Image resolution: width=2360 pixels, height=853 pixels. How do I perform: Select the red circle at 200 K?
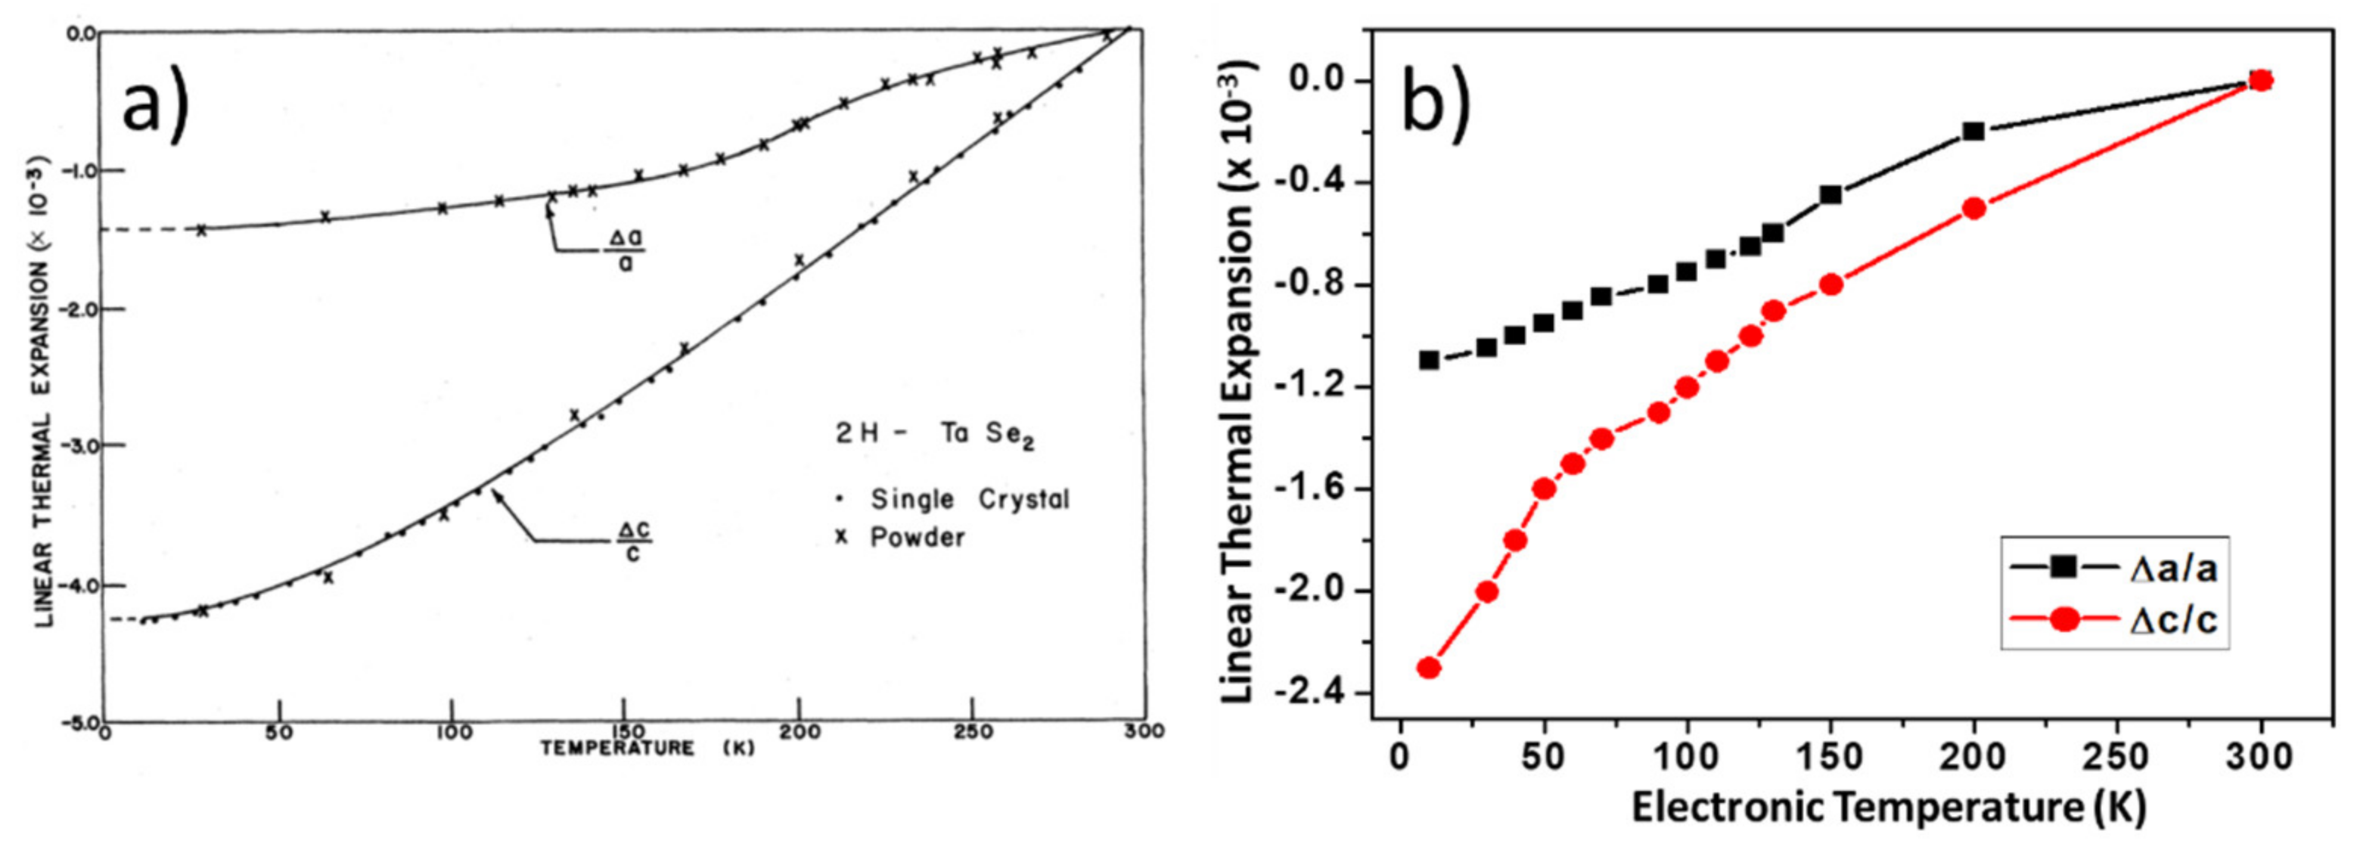point(1973,208)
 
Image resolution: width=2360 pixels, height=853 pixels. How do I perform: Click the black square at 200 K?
point(1973,131)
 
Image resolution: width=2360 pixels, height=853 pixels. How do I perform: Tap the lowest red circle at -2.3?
point(1428,667)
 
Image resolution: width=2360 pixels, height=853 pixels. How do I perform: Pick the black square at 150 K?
point(1831,194)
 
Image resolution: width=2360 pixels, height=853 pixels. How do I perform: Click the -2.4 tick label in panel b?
point(1319,693)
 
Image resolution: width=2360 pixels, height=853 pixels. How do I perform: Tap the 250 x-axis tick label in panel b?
point(2116,758)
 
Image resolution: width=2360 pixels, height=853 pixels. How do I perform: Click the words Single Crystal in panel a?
point(969,499)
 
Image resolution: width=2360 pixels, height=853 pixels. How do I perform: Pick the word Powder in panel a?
point(917,537)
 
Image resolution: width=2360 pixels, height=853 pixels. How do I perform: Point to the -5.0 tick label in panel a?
point(79,724)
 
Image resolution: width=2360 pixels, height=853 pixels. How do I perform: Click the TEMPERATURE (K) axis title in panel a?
point(647,748)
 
